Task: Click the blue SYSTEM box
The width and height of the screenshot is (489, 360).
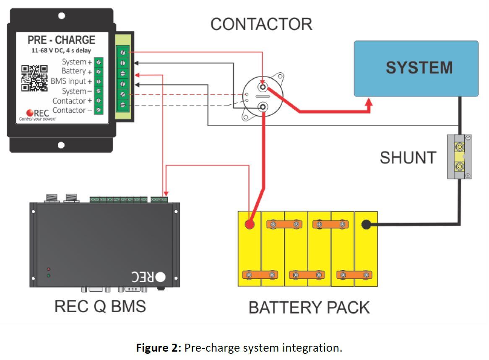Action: pyautogui.click(x=416, y=68)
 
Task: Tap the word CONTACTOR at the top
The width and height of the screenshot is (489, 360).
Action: pyautogui.click(x=261, y=24)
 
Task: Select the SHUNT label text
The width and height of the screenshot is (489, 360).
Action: pyautogui.click(x=408, y=158)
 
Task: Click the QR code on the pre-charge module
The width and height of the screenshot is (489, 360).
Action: pyautogui.click(x=34, y=78)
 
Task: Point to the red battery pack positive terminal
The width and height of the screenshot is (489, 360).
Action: pyautogui.click(x=250, y=224)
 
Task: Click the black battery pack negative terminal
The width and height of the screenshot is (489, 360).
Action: pyautogui.click(x=366, y=225)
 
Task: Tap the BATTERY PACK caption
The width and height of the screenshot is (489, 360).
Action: pyautogui.click(x=309, y=308)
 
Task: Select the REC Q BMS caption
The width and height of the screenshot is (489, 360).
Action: pyautogui.click(x=100, y=306)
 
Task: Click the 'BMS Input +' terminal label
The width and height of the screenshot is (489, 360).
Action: pyautogui.click(x=71, y=81)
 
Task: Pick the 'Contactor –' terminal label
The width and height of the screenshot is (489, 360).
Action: pyautogui.click(x=72, y=110)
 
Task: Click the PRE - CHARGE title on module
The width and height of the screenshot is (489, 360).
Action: pyautogui.click(x=61, y=40)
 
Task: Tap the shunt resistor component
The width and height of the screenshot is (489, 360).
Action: pyautogui.click(x=459, y=157)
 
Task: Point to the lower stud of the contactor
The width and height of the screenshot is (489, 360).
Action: pyautogui.click(x=263, y=108)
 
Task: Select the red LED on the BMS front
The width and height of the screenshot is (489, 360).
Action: pyautogui.click(x=49, y=269)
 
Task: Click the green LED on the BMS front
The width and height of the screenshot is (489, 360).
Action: pyautogui.click(x=49, y=275)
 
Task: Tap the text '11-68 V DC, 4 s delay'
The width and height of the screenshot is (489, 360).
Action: pyautogui.click(x=61, y=51)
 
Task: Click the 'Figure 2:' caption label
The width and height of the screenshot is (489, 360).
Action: pyautogui.click(x=159, y=348)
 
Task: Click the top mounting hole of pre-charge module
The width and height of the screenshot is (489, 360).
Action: pyautogui.click(x=61, y=16)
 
